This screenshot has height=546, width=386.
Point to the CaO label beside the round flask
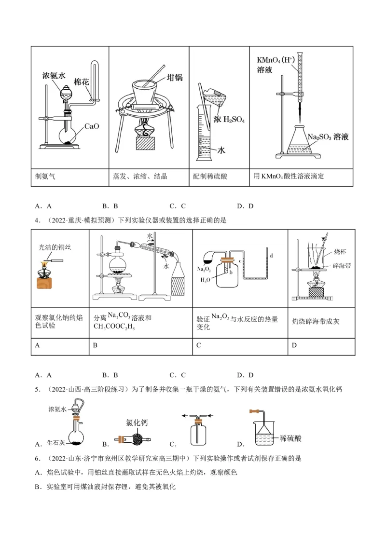pyautogui.click(x=91, y=126)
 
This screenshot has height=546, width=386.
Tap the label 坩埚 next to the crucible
pyautogui.click(x=174, y=77)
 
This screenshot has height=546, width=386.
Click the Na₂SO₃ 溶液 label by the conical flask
pyautogui.click(x=328, y=137)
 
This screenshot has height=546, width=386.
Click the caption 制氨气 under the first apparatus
pyautogui.click(x=45, y=177)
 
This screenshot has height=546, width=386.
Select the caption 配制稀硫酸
pyautogui.click(x=210, y=177)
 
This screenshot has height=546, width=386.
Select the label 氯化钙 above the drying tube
pyautogui.click(x=137, y=423)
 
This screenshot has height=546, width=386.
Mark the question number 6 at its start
pyautogui.click(x=37, y=458)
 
